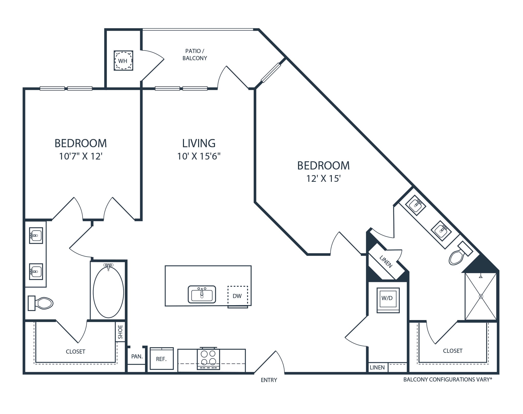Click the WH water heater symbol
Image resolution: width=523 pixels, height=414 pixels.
pos(123,60)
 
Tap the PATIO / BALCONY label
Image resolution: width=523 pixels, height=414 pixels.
pos(195,55)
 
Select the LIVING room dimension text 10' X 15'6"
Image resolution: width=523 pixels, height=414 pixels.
pos(199,156)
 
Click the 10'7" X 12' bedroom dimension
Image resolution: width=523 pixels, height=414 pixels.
pos(81,156)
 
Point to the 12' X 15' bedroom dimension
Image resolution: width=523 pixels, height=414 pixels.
pos(323,178)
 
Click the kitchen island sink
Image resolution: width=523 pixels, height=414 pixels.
pos(202,294)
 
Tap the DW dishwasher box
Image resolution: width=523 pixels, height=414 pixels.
pos(238,296)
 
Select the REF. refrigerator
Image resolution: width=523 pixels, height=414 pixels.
pos(162,358)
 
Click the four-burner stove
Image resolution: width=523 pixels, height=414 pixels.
pos(208,358)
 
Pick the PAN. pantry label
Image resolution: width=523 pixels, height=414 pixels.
pos(137,356)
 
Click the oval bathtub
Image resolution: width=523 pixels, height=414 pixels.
pos(108,292)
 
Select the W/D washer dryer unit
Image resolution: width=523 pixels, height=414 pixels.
pos(388,300)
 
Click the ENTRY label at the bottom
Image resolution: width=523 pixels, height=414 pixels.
pos(269,380)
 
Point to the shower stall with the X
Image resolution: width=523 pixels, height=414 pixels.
pos(481,296)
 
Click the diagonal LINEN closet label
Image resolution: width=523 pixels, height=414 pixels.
pos(386,261)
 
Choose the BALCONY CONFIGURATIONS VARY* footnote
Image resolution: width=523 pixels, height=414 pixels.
pos(448,379)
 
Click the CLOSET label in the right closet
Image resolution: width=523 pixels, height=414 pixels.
pos(453,351)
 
